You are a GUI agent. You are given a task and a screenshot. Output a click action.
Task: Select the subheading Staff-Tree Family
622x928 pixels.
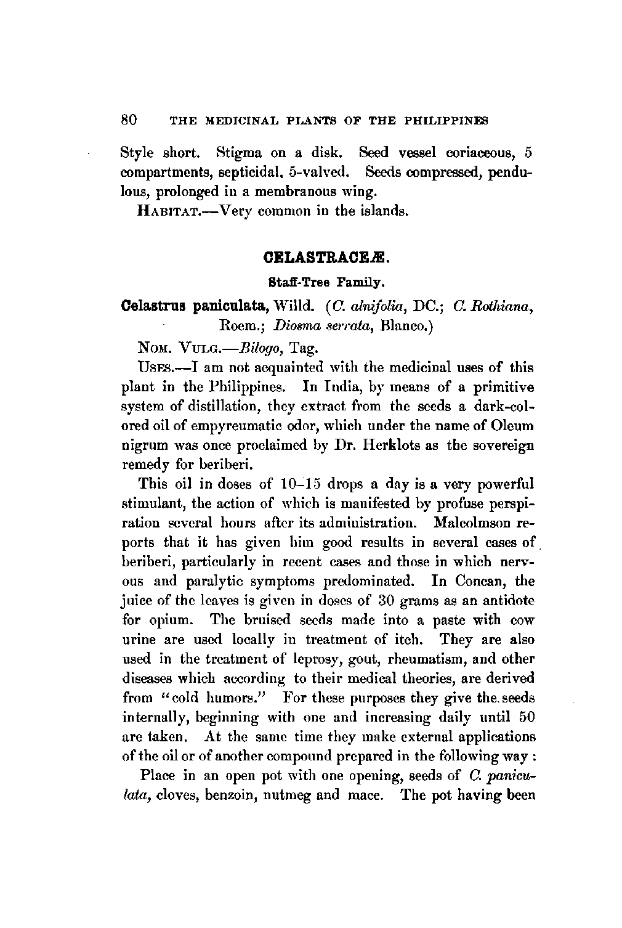click(326, 284)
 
